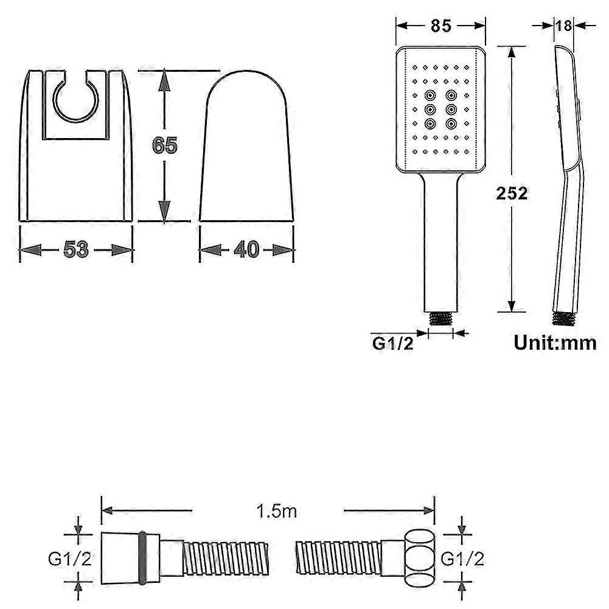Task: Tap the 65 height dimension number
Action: (164, 146)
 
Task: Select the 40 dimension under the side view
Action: (246, 249)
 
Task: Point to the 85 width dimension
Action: (440, 26)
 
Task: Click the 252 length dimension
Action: (512, 193)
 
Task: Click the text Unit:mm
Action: (555, 343)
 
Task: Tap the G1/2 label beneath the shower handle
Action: (393, 343)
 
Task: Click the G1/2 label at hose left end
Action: (70, 558)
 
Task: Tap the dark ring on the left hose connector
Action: (144, 557)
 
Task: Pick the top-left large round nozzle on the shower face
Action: (430, 95)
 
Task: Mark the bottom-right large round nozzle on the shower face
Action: (451, 123)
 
